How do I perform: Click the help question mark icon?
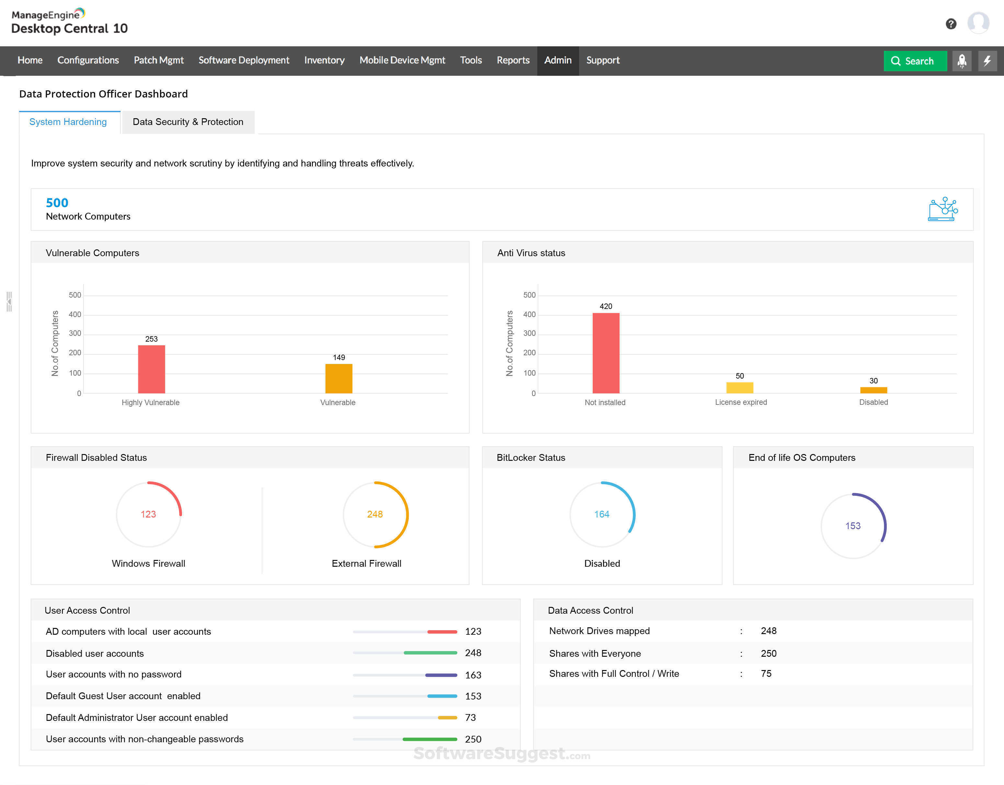[x=951, y=24]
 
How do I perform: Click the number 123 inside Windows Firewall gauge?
[x=148, y=514]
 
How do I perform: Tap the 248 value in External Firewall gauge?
[x=375, y=514]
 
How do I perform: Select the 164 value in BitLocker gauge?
[x=601, y=514]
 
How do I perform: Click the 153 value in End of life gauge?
[x=852, y=526]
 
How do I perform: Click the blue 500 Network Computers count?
[x=57, y=203]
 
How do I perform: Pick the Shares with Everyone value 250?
[x=768, y=653]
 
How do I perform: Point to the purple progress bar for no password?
[x=440, y=675]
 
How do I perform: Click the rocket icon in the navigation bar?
[x=961, y=61]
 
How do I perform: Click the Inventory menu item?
[x=324, y=60]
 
